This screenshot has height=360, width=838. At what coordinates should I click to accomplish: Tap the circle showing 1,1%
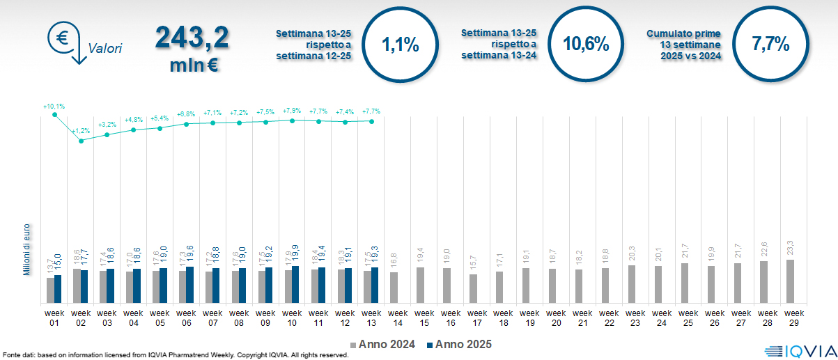[x=401, y=45]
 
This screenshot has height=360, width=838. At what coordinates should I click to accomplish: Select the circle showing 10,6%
[x=586, y=45]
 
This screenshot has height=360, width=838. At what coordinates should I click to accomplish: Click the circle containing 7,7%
[x=770, y=45]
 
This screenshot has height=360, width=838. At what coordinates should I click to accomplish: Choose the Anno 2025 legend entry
[x=460, y=344]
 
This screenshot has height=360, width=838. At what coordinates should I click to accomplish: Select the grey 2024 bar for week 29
[x=790, y=281]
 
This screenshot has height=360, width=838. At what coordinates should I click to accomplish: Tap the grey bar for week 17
[x=473, y=288]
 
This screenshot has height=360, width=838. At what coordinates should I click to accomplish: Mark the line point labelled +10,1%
[x=54, y=115]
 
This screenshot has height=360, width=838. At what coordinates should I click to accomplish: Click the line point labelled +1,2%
[x=81, y=141]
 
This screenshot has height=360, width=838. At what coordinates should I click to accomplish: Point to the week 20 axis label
[x=556, y=318]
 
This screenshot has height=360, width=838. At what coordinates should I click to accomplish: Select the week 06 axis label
[x=187, y=318]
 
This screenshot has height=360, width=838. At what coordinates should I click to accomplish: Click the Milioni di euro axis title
[x=26, y=249]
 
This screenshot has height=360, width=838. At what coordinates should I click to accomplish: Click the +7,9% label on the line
[x=292, y=111]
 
